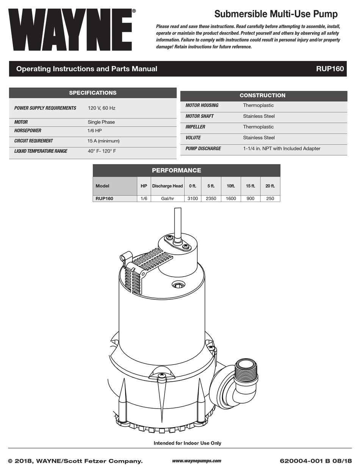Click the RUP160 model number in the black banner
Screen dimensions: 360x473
(330, 69)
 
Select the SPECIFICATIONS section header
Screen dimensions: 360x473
(92, 93)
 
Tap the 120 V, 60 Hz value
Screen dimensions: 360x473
(102, 108)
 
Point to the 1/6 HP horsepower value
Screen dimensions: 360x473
(95, 131)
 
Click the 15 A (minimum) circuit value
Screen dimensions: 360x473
(103, 141)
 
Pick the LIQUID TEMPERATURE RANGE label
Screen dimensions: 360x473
(41, 151)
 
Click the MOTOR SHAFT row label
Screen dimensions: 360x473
(199, 116)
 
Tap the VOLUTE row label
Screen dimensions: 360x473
(193, 138)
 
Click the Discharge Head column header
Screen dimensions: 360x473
(167, 186)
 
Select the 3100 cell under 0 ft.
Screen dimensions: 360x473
(193, 199)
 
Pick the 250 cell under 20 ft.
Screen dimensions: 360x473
(270, 199)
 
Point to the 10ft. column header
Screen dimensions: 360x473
(231, 186)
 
